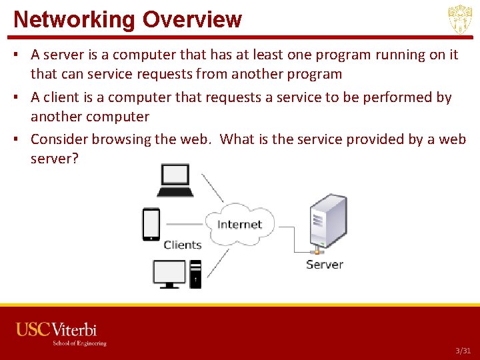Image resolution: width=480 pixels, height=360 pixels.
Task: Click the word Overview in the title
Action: pos(192,19)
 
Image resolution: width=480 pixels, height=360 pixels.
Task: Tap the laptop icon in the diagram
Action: pos(175,180)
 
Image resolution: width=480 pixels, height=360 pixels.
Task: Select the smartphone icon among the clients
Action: pos(151,224)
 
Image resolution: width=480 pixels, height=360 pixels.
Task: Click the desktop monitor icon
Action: pos(169,273)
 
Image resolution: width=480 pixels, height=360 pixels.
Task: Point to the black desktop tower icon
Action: pos(195,273)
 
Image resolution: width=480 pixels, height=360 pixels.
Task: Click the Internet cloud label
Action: pos(239,225)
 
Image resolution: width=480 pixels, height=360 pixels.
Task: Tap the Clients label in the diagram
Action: pos(183,245)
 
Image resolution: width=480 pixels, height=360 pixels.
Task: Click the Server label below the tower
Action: pos(324,265)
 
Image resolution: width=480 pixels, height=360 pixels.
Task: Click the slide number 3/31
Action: pos(463,351)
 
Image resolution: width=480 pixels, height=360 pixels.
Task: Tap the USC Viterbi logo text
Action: pos(57,329)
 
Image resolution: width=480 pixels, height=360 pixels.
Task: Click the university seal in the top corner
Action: pos(459,19)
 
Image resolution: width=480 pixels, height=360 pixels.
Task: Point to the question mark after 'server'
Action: pos(75,159)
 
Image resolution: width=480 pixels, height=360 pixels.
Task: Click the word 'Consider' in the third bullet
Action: pos(59,139)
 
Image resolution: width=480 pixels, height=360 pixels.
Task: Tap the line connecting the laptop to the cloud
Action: pos(213,187)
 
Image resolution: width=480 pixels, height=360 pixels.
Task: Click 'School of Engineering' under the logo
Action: pos(79,343)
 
